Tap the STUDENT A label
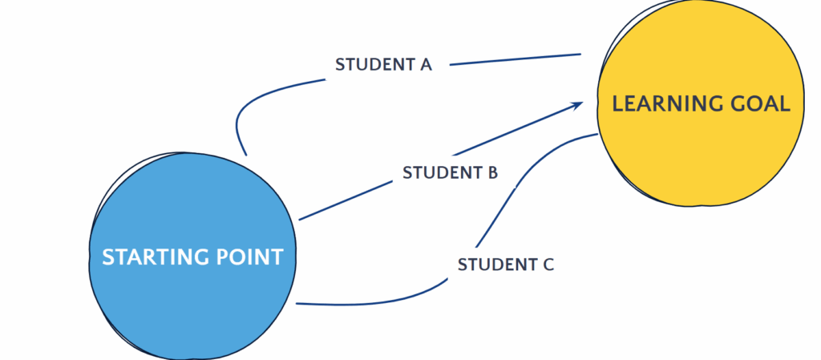point(384,65)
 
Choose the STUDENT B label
point(451,172)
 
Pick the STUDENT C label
point(506,264)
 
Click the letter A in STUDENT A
point(426,65)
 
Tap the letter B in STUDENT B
point(492,172)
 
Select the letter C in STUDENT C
point(548,264)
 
